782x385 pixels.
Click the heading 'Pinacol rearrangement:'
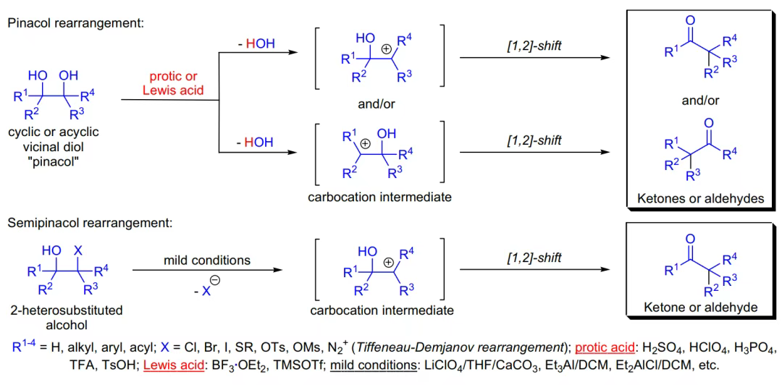point(76,22)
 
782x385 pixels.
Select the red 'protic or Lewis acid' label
point(173,82)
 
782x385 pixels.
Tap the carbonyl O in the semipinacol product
point(690,237)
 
